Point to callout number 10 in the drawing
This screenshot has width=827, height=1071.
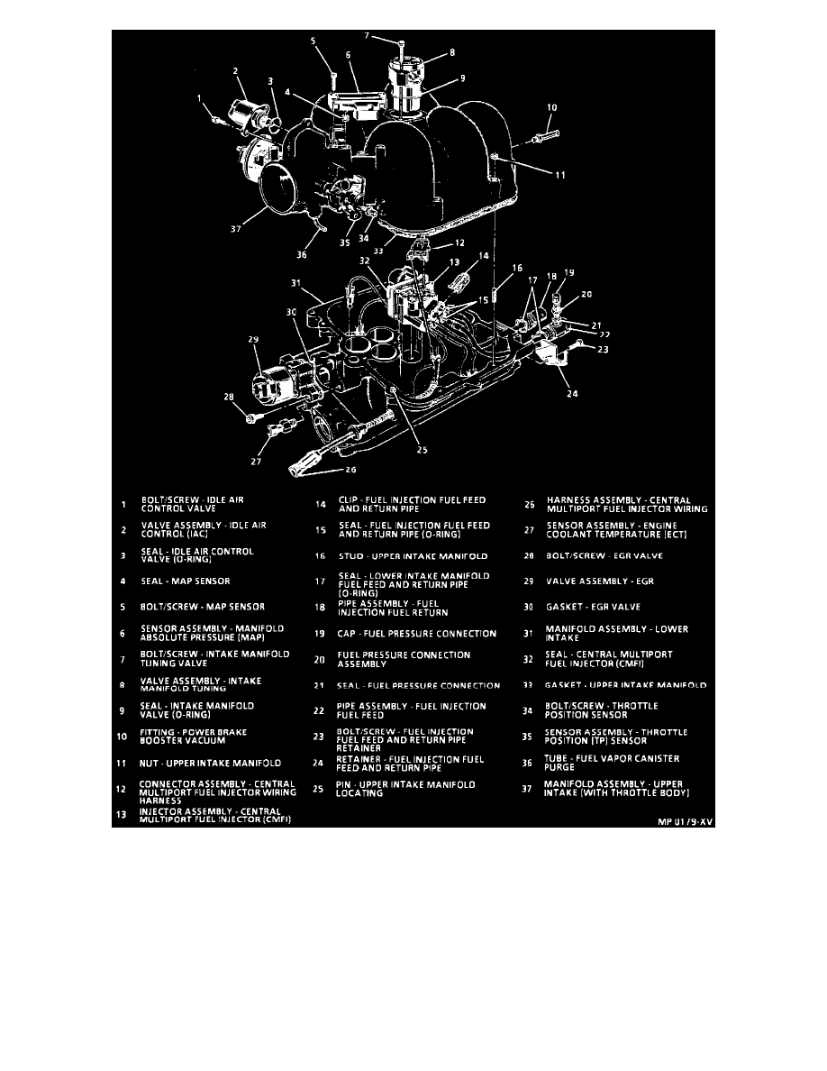551,106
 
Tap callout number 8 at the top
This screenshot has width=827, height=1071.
451,52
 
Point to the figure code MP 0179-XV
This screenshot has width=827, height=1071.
684,821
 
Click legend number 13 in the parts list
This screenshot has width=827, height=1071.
123,816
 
